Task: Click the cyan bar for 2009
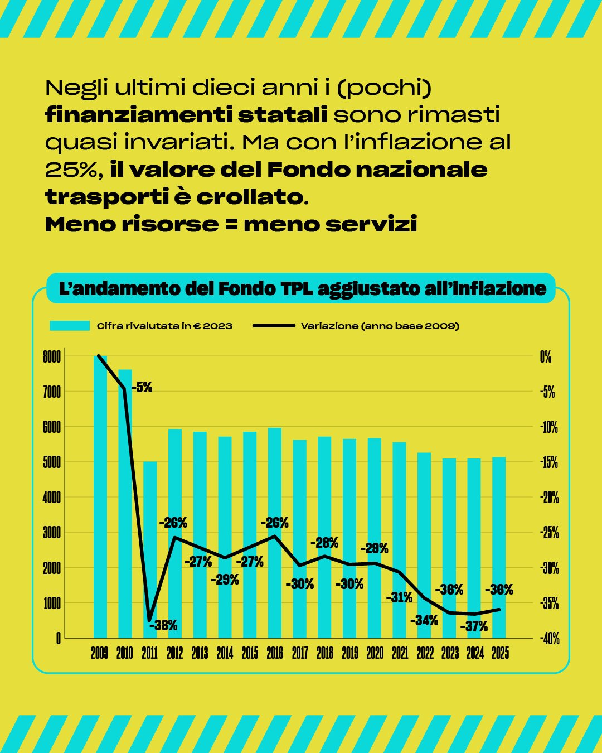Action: [100, 496]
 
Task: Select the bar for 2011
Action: [150, 549]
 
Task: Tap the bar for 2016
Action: [275, 533]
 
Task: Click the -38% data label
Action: [163, 625]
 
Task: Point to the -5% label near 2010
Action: [142, 387]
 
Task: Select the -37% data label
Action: [474, 626]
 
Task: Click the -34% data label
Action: [424, 620]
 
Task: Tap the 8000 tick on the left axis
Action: [51, 357]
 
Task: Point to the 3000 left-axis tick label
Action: [51, 533]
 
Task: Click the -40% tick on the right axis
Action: [550, 639]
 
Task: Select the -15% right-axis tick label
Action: [549, 462]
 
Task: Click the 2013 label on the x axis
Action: [200, 653]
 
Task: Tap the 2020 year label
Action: [375, 653]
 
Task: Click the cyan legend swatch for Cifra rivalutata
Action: [70, 326]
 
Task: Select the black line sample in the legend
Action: [274, 326]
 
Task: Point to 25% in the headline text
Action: [71, 170]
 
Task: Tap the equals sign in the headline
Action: [231, 224]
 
